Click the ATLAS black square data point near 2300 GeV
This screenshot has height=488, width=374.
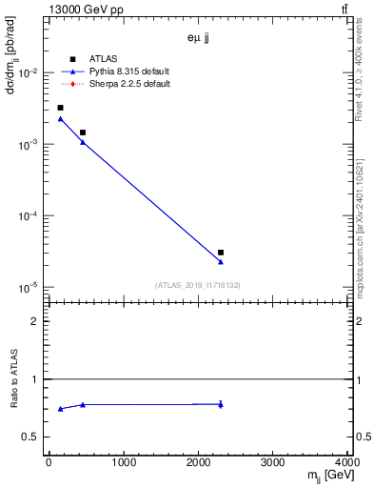221,253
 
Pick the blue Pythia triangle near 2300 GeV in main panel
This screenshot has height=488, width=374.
221,262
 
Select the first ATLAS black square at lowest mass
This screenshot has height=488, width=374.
60,108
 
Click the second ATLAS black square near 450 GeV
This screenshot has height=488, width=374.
83,132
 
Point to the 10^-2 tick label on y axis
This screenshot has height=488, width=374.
29,73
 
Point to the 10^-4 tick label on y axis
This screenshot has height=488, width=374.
29,216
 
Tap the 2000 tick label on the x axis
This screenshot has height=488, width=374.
199,462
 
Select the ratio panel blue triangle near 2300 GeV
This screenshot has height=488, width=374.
221,405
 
